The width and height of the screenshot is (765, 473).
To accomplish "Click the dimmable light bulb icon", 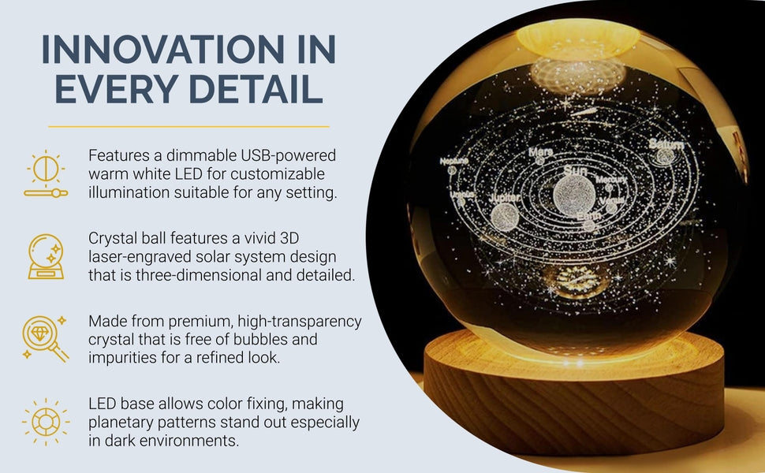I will coord(46,173).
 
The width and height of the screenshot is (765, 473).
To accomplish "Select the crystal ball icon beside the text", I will coord(46,256).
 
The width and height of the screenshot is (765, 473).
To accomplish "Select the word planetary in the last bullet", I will coord(123,422).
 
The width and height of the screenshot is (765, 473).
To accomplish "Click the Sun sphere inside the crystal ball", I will coord(573,194).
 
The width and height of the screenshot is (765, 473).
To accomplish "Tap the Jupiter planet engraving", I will coord(504,215).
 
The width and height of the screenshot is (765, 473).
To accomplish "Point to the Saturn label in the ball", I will coord(666,145).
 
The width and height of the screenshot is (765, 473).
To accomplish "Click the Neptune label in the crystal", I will coord(453,161).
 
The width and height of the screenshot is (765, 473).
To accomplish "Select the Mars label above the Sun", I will coord(541,151).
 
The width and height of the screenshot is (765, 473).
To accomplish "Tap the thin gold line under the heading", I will coord(188,126).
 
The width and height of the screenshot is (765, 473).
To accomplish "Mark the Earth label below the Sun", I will coord(587,214).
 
